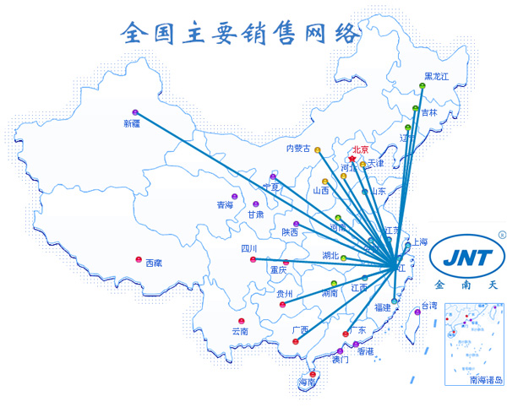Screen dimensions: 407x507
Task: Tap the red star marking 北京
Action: coord(352,159)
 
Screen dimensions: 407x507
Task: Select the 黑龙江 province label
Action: coord(438,76)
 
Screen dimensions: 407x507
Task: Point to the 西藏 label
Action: coord(153,263)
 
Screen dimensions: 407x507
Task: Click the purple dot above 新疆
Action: coord(135,111)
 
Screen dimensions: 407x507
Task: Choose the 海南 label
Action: coord(307,383)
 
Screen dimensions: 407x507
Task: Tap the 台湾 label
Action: coord(429,306)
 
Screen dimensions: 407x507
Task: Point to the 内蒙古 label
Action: coord(298,148)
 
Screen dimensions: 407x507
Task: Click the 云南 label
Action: coord(240,332)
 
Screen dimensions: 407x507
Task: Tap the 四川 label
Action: coord(248,248)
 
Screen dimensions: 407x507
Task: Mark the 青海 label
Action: coord(224,205)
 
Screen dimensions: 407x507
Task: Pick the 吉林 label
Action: coord(430,111)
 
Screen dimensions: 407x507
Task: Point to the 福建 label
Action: coord(382,307)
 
